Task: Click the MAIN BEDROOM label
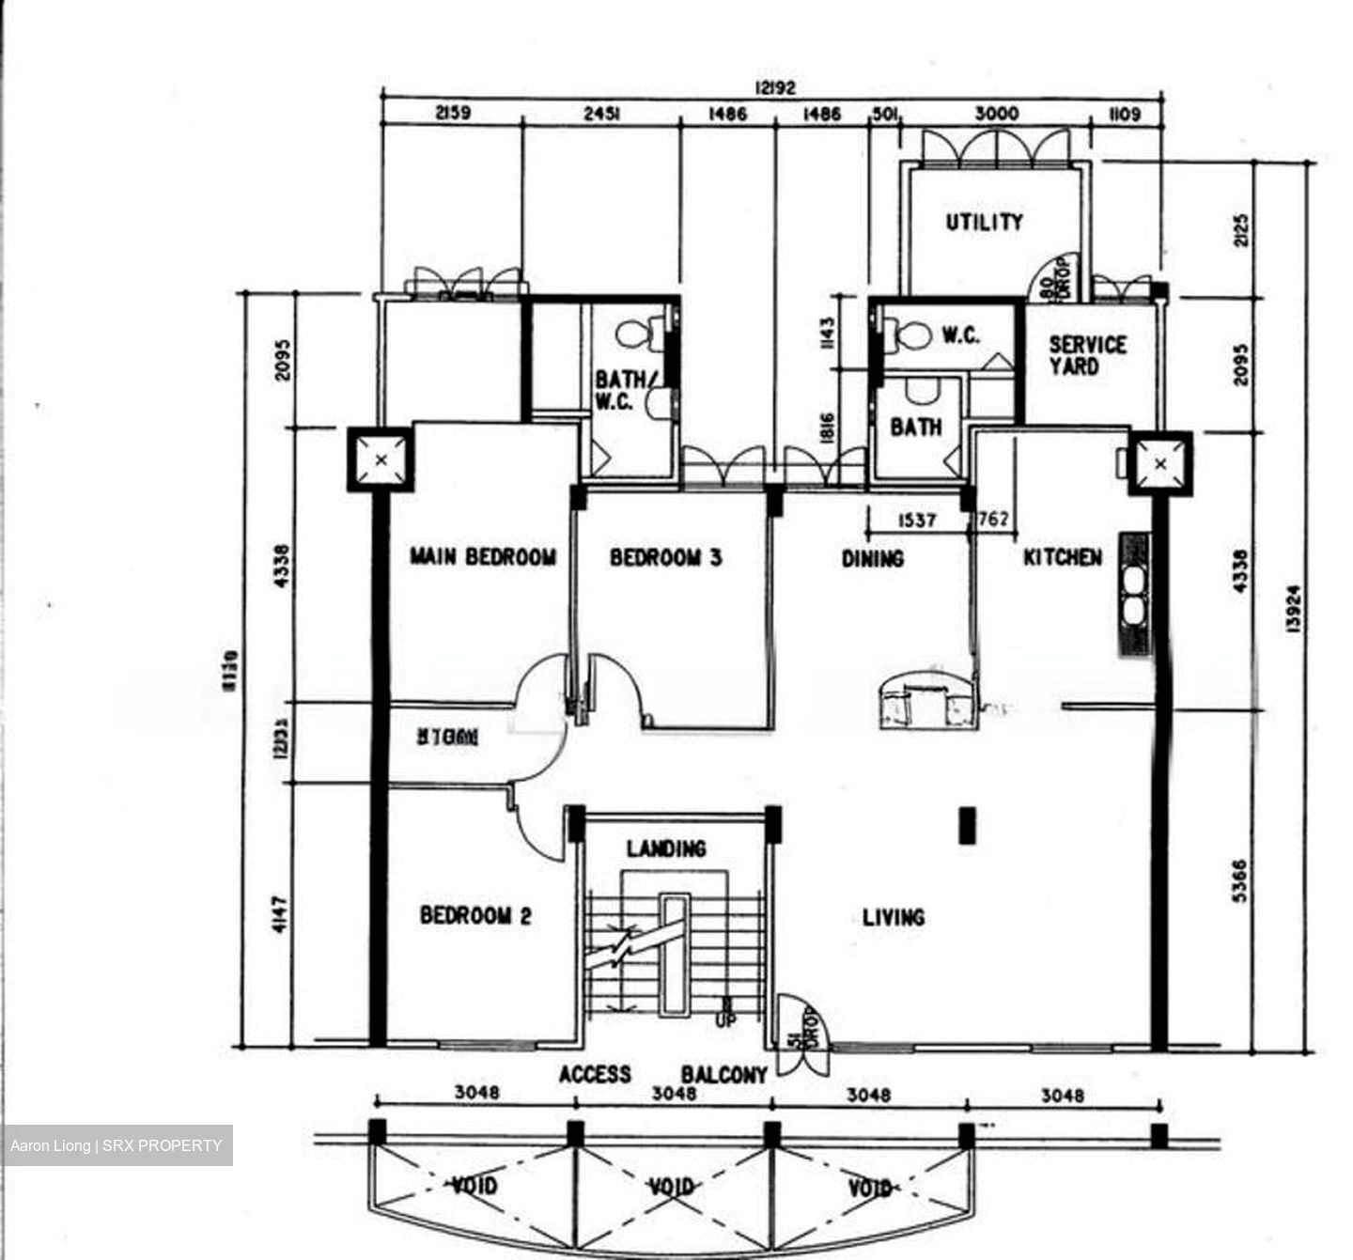click(482, 557)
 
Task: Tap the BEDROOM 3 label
click(666, 558)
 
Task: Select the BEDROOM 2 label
click(475, 915)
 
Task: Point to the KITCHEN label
click(1062, 557)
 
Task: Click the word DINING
click(872, 559)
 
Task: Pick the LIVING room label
click(893, 917)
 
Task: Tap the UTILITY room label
click(984, 223)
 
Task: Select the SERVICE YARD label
click(1087, 355)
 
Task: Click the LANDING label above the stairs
click(666, 849)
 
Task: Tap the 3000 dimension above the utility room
click(996, 114)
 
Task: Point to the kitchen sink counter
click(1134, 594)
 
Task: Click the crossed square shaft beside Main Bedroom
click(381, 459)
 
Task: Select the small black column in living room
click(966, 826)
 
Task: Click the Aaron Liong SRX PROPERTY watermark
click(117, 1145)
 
